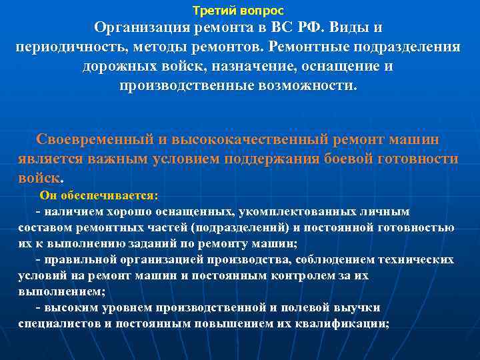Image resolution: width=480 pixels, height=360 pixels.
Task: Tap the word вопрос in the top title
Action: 260,11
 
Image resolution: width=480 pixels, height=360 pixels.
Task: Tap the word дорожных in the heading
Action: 120,67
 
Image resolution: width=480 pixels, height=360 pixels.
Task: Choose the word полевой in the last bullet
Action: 323,307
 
